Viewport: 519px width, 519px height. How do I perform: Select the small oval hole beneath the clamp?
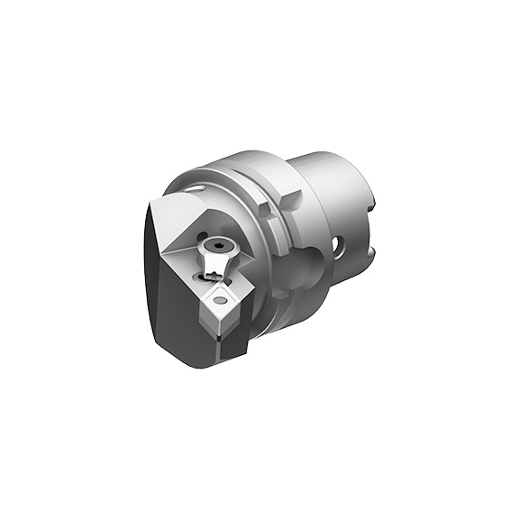pos(201,280)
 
